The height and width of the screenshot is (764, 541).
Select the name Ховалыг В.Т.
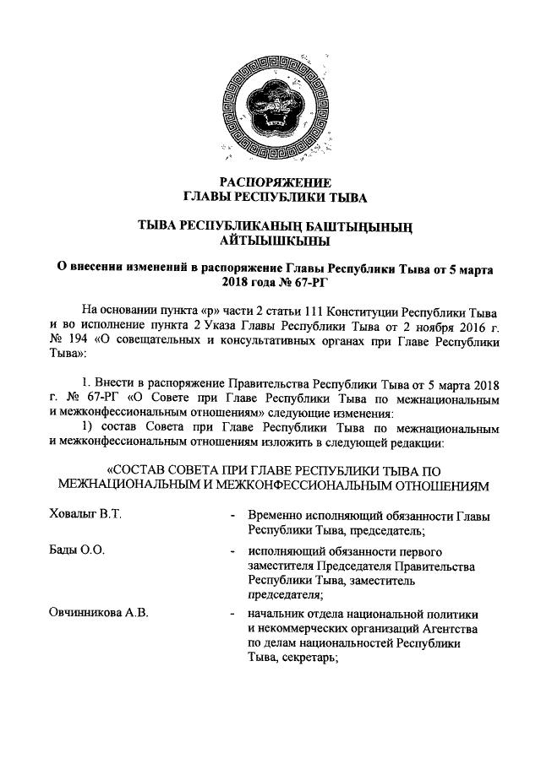[85, 515]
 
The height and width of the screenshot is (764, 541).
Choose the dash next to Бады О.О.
[232, 553]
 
